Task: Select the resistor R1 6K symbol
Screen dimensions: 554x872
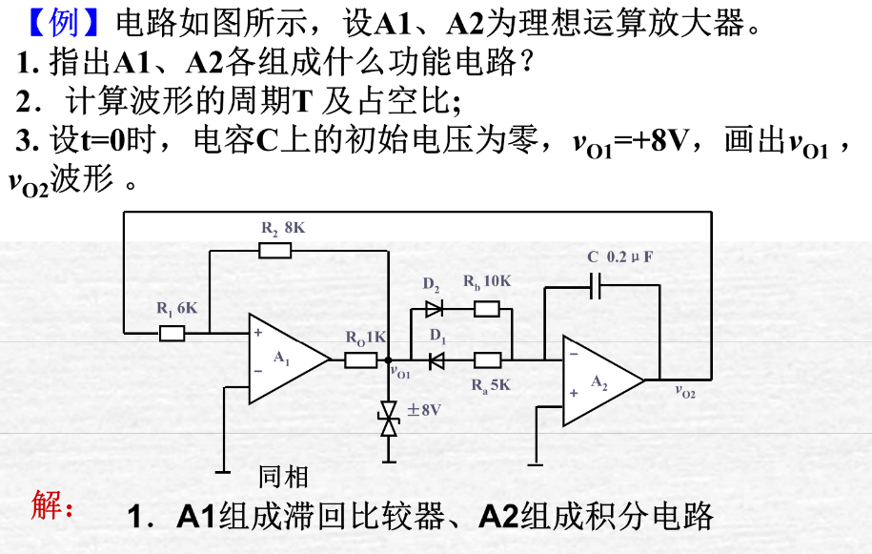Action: (172, 333)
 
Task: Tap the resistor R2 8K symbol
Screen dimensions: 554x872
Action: (275, 251)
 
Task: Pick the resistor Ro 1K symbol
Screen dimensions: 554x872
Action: (361, 359)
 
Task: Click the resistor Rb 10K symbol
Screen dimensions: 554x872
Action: (487, 308)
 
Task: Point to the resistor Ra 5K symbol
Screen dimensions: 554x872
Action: (487, 359)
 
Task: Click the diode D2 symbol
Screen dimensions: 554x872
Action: (435, 308)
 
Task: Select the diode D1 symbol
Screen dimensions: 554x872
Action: (436, 359)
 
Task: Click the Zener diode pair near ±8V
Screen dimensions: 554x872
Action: (388, 420)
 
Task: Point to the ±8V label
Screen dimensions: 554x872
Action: (425, 410)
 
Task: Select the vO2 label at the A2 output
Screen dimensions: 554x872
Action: (684, 390)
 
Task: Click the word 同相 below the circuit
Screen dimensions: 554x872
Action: (284, 476)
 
